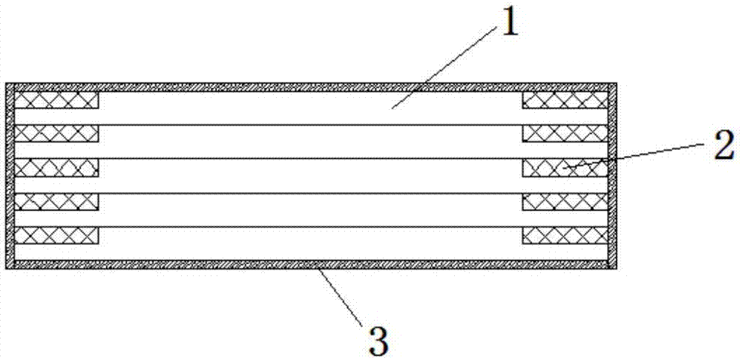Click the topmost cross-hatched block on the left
[x=56, y=99]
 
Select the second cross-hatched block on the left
[x=56, y=134]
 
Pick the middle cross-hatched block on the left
[x=56, y=168]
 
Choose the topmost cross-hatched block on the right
[x=565, y=99]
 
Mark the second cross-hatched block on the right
[x=565, y=134]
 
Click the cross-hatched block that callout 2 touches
[x=565, y=168]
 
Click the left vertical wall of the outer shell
[x=10, y=175]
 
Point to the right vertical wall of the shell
[x=613, y=175]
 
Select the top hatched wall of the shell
[x=312, y=86]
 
